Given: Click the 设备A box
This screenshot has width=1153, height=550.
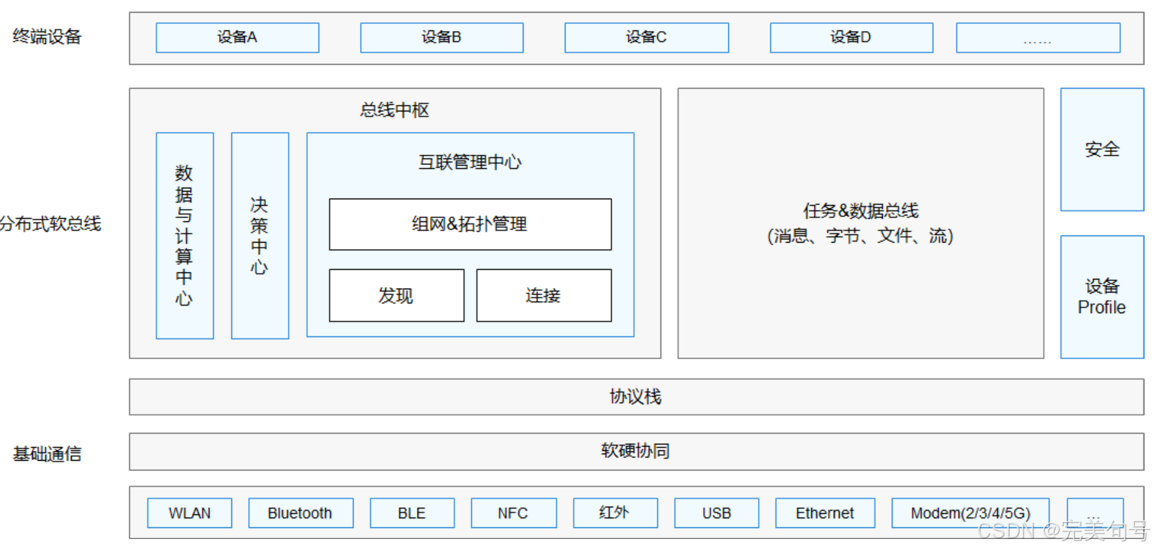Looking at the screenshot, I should pyautogui.click(x=237, y=38).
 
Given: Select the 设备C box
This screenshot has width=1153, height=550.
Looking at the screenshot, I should pyautogui.click(x=646, y=38).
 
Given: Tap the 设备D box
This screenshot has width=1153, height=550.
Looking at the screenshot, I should pyautogui.click(x=851, y=38).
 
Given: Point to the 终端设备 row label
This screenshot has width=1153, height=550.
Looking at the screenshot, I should pyautogui.click(x=47, y=37).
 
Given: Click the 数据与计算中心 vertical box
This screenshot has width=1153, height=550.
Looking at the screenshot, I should pyautogui.click(x=185, y=236).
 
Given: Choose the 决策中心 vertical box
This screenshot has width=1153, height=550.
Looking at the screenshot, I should pyautogui.click(x=260, y=236).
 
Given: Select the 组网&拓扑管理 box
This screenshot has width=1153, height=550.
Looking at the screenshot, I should pyautogui.click(x=470, y=225).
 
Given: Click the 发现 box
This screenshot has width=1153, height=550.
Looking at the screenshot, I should pyautogui.click(x=396, y=296).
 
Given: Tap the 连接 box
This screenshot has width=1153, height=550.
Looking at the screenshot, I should pyautogui.click(x=544, y=296).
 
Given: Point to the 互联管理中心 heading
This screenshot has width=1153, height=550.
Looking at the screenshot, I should pyautogui.click(x=470, y=162).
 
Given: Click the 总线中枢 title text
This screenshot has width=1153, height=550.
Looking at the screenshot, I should pyautogui.click(x=395, y=110).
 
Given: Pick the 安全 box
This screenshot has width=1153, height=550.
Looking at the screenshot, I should pyautogui.click(x=1102, y=149).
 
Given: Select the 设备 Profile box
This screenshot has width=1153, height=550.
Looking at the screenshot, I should pyautogui.click(x=1102, y=297).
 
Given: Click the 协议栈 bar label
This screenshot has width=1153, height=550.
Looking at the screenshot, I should pyautogui.click(x=636, y=397).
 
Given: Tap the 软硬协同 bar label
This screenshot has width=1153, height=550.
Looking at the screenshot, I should pyautogui.click(x=636, y=451).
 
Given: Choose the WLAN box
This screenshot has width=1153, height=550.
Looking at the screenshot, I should pyautogui.click(x=189, y=513).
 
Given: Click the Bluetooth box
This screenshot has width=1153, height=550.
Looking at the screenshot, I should pyautogui.click(x=301, y=513).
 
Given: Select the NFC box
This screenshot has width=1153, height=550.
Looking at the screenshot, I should pyautogui.click(x=513, y=513).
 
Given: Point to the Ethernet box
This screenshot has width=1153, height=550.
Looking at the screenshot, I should pyautogui.click(x=825, y=513).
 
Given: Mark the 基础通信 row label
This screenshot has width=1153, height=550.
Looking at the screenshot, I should pyautogui.click(x=47, y=454).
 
